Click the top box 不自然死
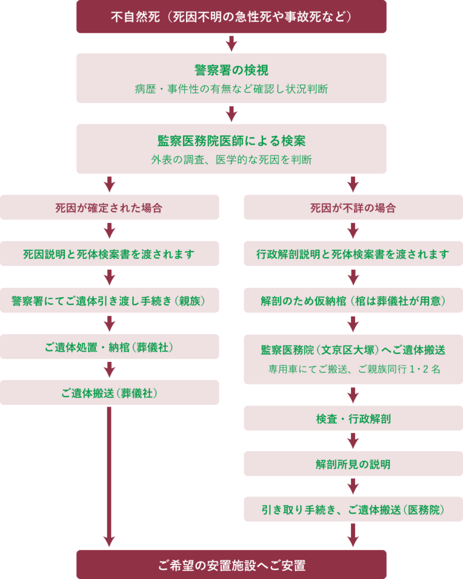[231, 16]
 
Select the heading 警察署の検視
[231, 70]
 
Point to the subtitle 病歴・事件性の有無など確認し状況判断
[231, 89]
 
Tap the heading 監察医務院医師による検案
[231, 141]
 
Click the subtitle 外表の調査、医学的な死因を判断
[231, 160]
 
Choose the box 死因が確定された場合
[109, 208]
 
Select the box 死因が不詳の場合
[353, 208]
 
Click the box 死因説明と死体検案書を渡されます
[109, 254]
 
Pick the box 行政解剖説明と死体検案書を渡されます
[353, 254]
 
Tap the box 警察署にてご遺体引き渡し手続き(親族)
[109, 300]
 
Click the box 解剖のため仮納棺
[353, 300]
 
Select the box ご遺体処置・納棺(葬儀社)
[109, 347]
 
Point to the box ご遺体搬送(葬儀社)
[109, 392]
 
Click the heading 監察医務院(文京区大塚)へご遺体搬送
[353, 350]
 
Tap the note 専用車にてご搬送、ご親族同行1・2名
[353, 369]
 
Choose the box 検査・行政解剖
[353, 418]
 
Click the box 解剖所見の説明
[353, 464]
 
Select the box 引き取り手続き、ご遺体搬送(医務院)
[353, 509]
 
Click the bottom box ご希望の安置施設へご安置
[231, 564]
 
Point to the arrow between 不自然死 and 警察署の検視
[231, 43]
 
